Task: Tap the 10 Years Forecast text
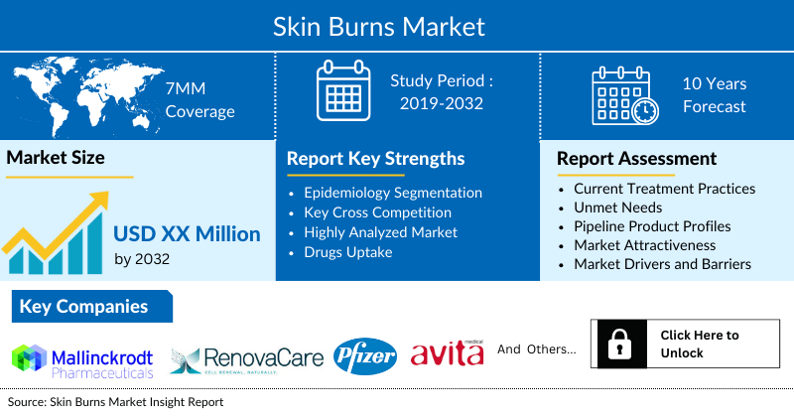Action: coord(714,95)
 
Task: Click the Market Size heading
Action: coord(56,157)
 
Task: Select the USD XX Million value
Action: coord(187,234)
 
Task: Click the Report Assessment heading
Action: coord(636,159)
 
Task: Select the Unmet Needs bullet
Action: coord(616,207)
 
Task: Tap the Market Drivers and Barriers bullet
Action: coord(662,263)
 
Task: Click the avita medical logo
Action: coord(447,352)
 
